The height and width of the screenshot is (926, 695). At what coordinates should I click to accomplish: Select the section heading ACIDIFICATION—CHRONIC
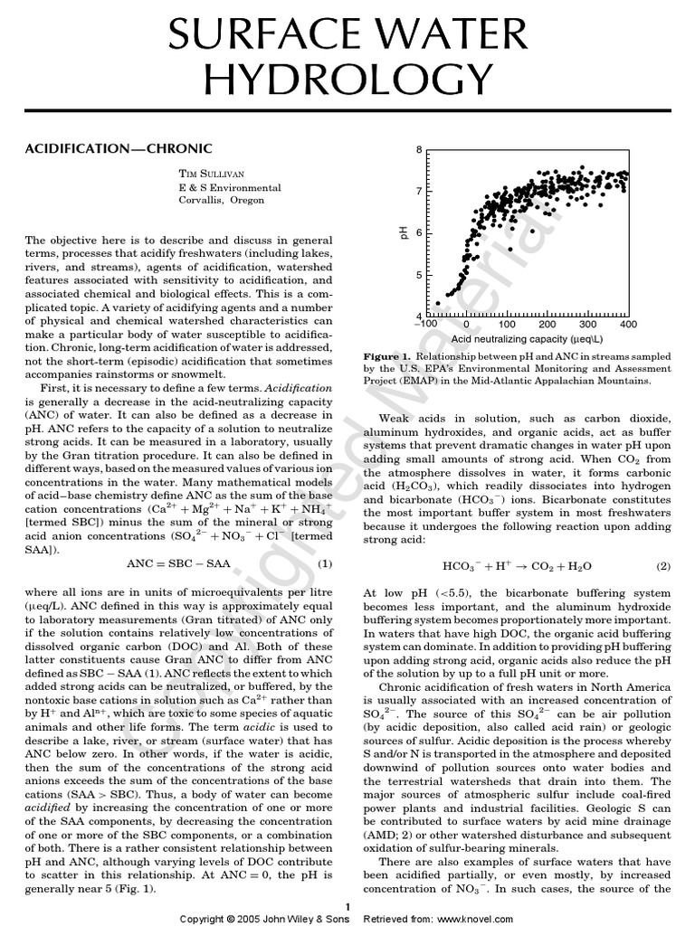pyautogui.click(x=118, y=146)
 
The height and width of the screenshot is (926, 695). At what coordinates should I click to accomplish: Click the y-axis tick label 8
pyautogui.click(x=418, y=149)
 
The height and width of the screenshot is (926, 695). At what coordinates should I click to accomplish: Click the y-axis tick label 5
pyautogui.click(x=418, y=275)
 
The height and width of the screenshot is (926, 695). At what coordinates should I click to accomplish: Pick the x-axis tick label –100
pyautogui.click(x=425, y=325)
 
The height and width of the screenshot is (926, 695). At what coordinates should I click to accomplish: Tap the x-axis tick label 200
pyautogui.click(x=547, y=325)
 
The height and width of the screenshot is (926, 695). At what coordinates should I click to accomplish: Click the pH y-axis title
pyautogui.click(x=405, y=233)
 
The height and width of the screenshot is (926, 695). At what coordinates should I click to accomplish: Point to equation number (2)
pyautogui.click(x=662, y=566)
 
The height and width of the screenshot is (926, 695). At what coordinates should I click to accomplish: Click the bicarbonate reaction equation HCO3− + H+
pyautogui.click(x=517, y=566)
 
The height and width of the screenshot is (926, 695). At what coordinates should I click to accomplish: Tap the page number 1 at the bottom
pyautogui.click(x=347, y=906)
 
